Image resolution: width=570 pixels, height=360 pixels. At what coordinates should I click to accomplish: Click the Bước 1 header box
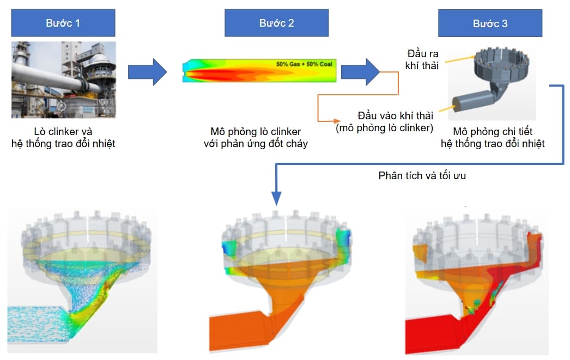tap(63, 23)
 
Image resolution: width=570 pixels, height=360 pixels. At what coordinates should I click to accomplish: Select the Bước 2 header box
tap(277, 23)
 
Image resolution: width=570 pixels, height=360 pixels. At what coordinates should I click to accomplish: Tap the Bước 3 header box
tap(490, 23)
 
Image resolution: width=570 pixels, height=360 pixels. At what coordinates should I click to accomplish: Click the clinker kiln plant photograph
tap(64, 80)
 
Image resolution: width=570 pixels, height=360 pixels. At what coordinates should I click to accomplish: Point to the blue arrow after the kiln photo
tap(147, 72)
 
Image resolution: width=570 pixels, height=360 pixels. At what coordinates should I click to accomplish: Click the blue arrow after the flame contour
tap(360, 72)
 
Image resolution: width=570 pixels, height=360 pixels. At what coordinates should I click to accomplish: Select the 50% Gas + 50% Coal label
tap(304, 64)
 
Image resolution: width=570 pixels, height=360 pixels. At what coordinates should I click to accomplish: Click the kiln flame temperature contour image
tap(259, 70)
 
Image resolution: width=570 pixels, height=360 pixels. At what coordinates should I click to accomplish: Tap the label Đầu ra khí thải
tap(422, 59)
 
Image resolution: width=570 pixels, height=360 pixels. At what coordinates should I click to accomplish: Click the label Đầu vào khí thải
tap(395, 115)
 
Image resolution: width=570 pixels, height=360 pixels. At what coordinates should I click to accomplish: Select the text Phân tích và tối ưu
tap(422, 176)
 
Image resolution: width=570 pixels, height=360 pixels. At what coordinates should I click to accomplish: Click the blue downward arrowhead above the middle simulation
tap(276, 198)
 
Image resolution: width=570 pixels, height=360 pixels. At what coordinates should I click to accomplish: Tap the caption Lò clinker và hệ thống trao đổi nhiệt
tap(63, 137)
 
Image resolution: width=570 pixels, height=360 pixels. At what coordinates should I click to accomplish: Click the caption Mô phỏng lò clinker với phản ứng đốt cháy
tap(256, 137)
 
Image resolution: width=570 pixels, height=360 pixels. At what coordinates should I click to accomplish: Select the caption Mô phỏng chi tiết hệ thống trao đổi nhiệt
tap(493, 137)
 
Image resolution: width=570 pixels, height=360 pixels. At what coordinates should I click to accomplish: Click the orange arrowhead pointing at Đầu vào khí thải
tap(337, 121)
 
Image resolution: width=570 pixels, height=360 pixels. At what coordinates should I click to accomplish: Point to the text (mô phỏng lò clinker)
tap(384, 128)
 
